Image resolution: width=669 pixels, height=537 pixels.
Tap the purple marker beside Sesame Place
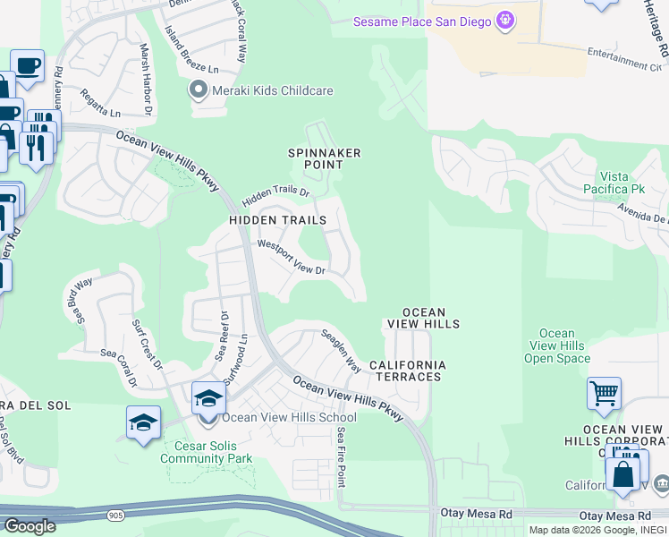[x=505, y=19]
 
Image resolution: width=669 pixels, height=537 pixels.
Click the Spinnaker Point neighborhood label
[x=324, y=158]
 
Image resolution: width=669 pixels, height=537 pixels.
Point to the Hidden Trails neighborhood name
[x=270, y=219]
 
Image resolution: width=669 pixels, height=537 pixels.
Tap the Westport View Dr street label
[x=290, y=257]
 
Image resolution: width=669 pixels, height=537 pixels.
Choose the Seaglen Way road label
[x=341, y=350]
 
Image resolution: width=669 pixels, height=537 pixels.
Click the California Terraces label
[x=407, y=371]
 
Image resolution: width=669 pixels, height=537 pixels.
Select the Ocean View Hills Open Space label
[x=556, y=346]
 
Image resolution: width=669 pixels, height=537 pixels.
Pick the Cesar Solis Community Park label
[x=206, y=452]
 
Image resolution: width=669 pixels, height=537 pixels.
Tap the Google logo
[x=30, y=526]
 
